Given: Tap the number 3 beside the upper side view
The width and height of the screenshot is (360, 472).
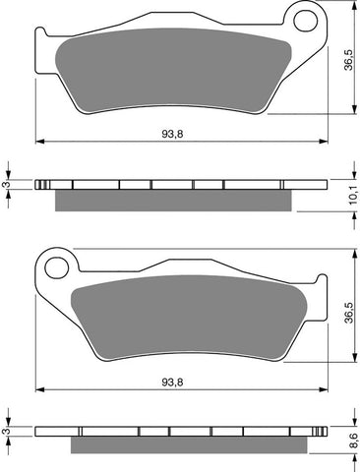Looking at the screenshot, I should point(8,184).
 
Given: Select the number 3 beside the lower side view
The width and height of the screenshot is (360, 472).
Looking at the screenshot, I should point(8,431).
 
